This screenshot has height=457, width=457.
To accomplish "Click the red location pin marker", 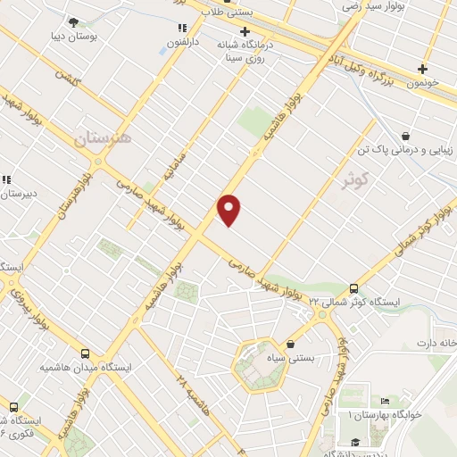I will pos(229,210).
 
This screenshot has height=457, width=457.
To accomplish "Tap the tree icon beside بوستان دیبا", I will pos(73,22).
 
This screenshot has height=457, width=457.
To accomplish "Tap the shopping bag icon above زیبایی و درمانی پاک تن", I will pos(407,137).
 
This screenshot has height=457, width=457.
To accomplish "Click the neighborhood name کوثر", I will pos(354,179).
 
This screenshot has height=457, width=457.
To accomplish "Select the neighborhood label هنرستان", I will pos(101,138).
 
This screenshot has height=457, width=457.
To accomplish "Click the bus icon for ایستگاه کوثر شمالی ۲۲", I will pos(355,287).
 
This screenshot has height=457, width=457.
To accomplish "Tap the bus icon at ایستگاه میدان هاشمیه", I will pos(86,353).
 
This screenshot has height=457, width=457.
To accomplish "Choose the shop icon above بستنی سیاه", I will pos(290,345).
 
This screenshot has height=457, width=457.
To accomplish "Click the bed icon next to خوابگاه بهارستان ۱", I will pos(384,401).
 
